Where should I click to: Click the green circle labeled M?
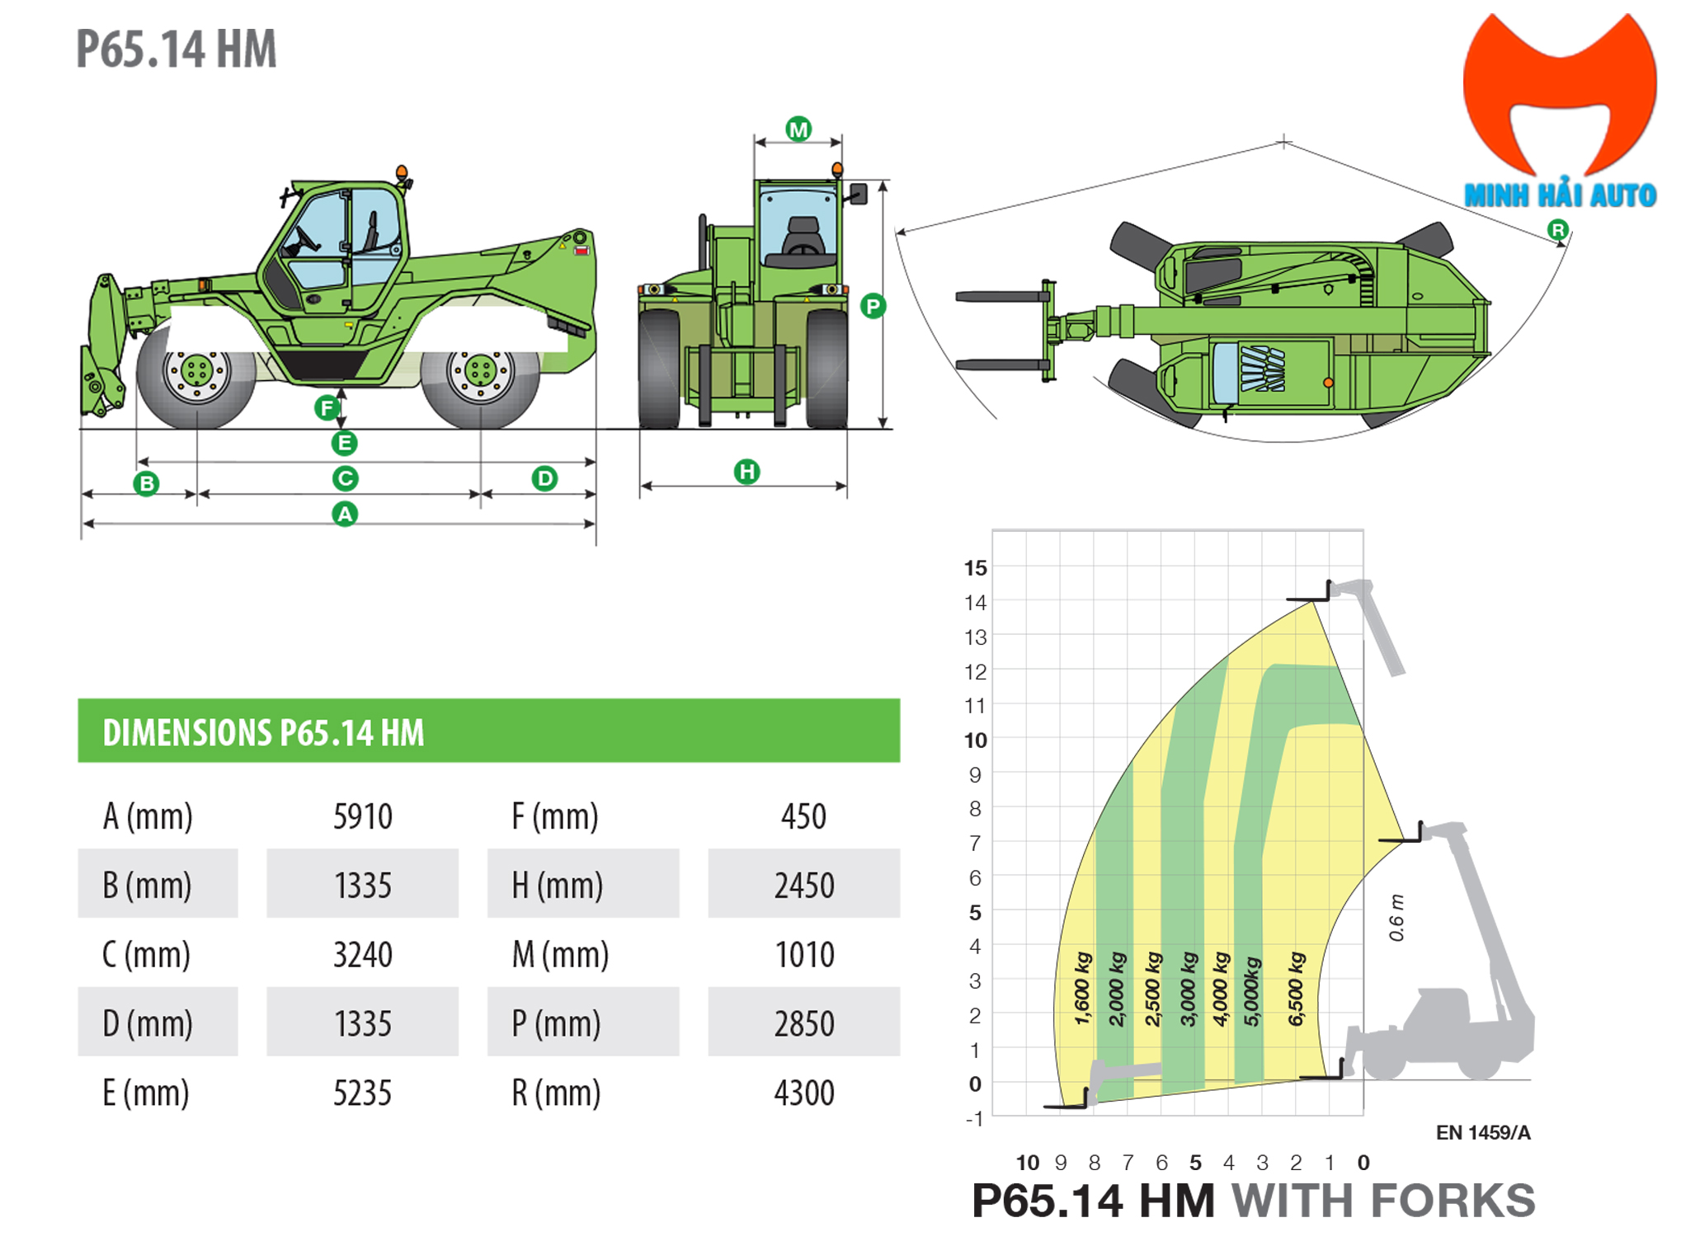(x=798, y=129)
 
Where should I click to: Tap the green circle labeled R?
(x=1556, y=230)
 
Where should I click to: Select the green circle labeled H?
(x=746, y=472)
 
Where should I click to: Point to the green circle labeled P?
(x=872, y=307)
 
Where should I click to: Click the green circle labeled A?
(x=344, y=515)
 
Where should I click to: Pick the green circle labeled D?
(x=544, y=478)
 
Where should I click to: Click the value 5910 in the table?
(x=362, y=816)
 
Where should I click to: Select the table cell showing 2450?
(x=803, y=885)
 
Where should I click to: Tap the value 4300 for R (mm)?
(x=803, y=1093)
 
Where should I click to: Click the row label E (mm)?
(x=146, y=1093)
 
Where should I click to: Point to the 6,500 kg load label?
(x=1296, y=989)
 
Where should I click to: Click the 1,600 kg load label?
(x=1083, y=989)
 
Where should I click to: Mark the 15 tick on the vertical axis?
(x=975, y=568)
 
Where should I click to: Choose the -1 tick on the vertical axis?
(x=974, y=1119)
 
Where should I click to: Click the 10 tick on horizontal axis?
(x=1027, y=1163)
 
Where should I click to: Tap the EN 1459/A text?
(x=1482, y=1133)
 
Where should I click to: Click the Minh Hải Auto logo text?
(x=1559, y=195)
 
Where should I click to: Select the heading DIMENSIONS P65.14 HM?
(x=263, y=732)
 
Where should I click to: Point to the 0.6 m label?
(x=1396, y=917)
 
